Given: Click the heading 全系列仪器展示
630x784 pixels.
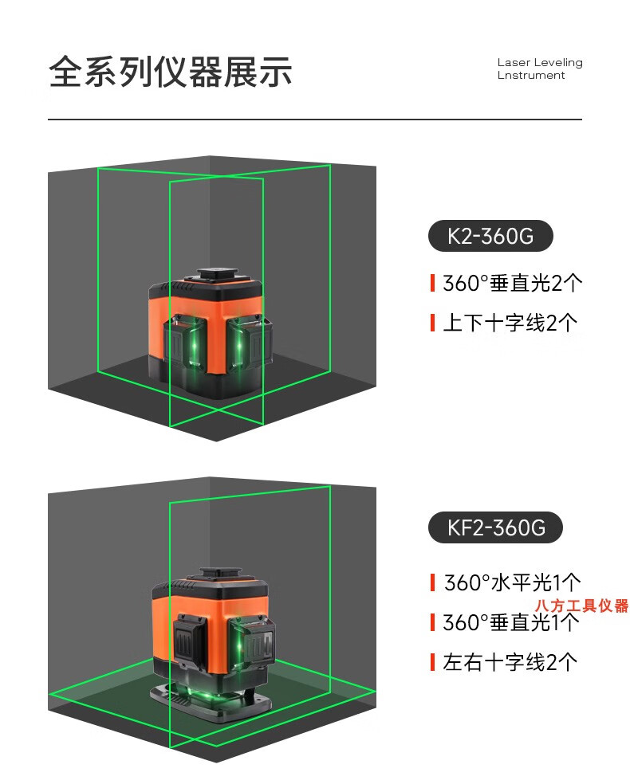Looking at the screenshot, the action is pyautogui.click(x=170, y=72).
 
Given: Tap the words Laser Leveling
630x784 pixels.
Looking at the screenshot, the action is pyautogui.click(x=540, y=62).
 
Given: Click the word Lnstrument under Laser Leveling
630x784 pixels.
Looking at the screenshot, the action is pyautogui.click(x=531, y=75).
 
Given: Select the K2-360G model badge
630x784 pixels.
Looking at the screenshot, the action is pyautogui.click(x=490, y=236).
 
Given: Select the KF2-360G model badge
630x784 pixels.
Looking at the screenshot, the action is pyautogui.click(x=495, y=527).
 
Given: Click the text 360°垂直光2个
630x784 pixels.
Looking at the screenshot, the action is pyautogui.click(x=513, y=283).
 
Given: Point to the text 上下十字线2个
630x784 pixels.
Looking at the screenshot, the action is pyautogui.click(x=510, y=323).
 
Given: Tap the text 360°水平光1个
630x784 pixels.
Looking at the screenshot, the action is pyautogui.click(x=513, y=582).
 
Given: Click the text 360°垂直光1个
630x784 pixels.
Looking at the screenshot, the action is pyautogui.click(x=511, y=622).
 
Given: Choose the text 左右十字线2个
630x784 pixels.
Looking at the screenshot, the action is pyautogui.click(x=510, y=663).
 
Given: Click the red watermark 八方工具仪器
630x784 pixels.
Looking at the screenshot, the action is pyautogui.click(x=581, y=606).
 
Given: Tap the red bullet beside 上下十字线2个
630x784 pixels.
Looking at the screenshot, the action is pyautogui.click(x=432, y=323).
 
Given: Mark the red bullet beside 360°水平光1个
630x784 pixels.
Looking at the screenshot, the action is pyautogui.click(x=432, y=582).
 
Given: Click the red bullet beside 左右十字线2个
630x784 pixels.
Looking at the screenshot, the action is pyautogui.click(x=432, y=663).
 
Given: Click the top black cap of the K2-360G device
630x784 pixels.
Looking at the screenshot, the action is pyautogui.click(x=219, y=275).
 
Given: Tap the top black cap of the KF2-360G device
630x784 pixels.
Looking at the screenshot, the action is pyautogui.click(x=221, y=574).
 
